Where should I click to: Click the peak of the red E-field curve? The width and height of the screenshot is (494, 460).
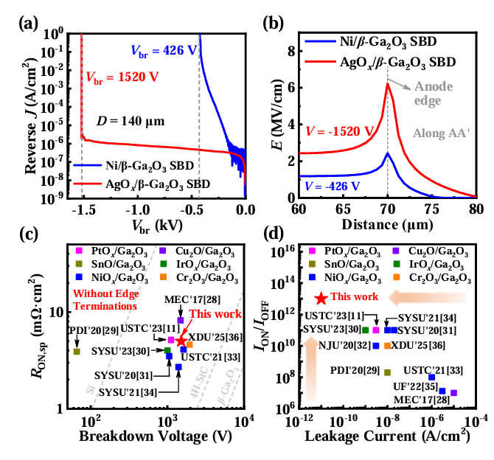pyautogui.click(x=388, y=83)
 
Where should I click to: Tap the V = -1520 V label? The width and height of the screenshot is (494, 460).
pyautogui.click(x=333, y=131)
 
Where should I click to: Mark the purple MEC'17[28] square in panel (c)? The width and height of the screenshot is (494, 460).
pyautogui.click(x=181, y=321)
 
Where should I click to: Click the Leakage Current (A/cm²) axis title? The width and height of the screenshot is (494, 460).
pyautogui.click(x=388, y=436)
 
